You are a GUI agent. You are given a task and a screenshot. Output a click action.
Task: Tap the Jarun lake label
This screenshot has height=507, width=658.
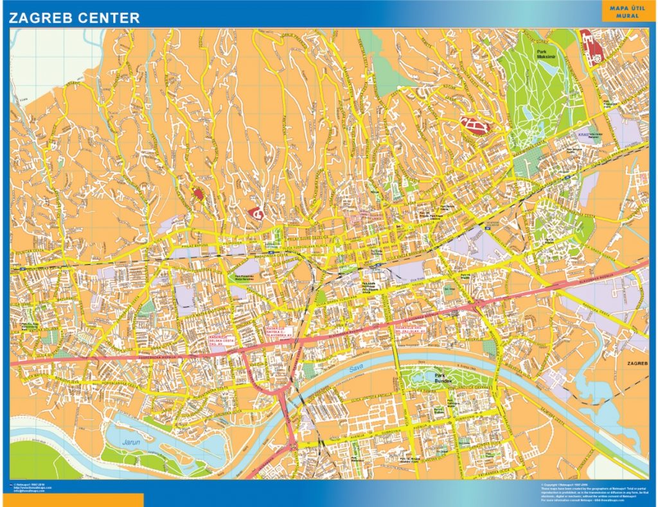tap(132, 443)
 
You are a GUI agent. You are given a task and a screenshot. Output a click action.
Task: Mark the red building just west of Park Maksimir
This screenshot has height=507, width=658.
tap(474, 125)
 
